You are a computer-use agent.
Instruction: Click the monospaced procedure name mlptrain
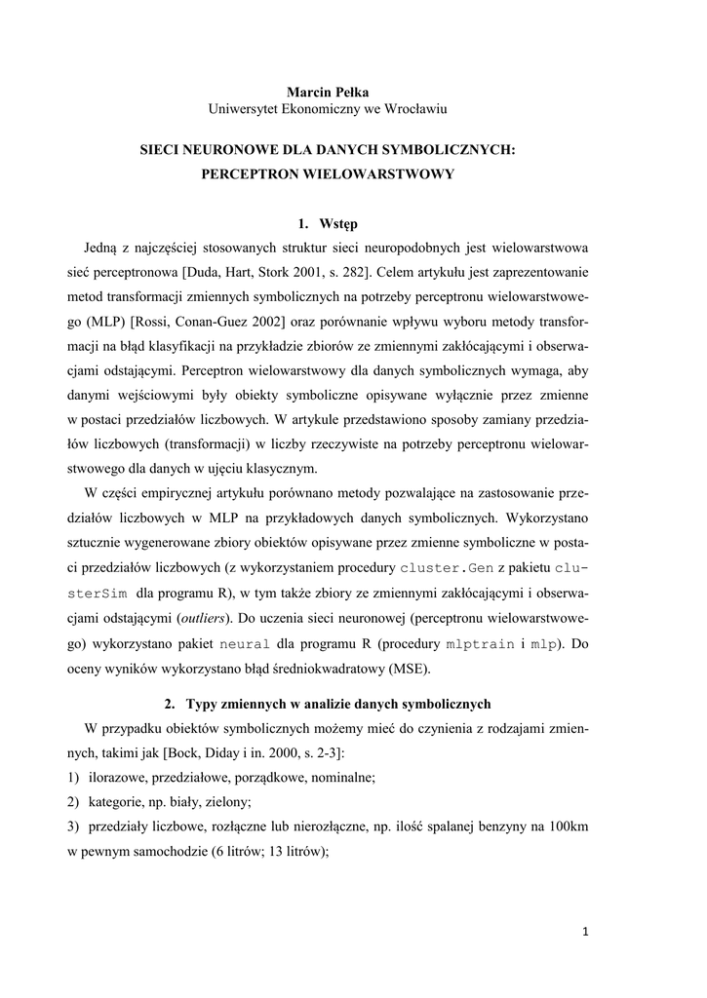click(479, 644)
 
